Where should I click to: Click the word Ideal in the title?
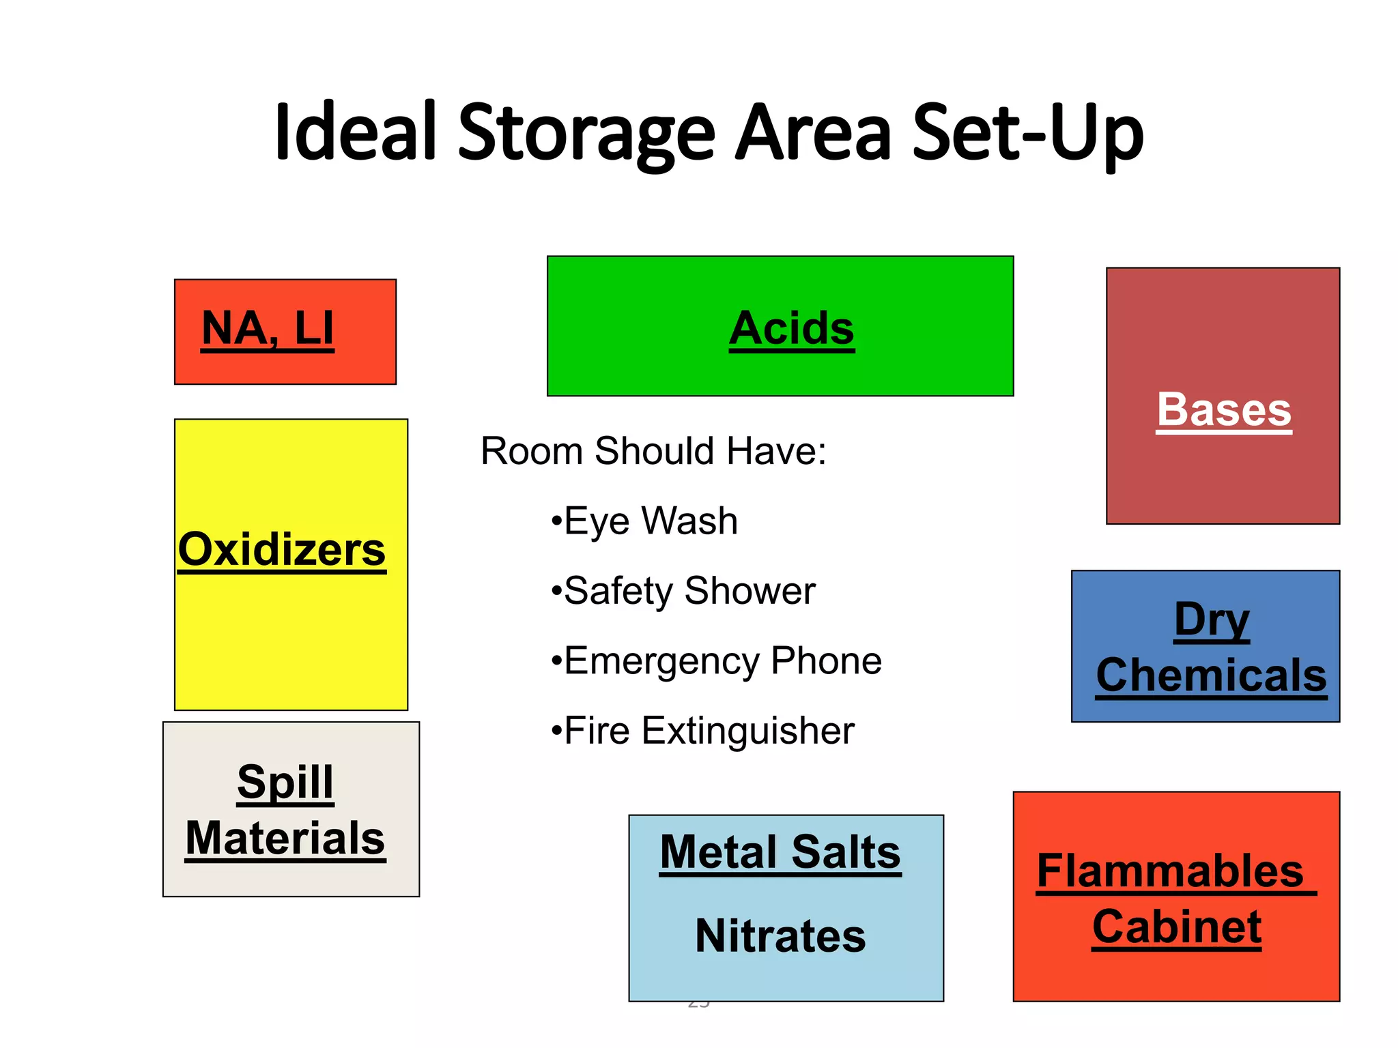tap(355, 131)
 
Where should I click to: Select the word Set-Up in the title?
tap(1027, 134)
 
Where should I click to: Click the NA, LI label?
tap(268, 329)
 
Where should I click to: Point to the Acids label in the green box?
tap(791, 329)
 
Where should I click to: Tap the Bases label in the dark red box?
tap(1224, 410)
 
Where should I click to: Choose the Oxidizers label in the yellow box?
tap(282, 549)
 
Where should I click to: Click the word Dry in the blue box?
tap(1212, 620)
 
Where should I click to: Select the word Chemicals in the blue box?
tap(1211, 675)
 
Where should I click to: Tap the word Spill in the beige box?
tap(285, 782)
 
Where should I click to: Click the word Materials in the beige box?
tap(285, 838)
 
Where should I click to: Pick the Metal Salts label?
tap(780, 852)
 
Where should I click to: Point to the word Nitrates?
tap(780, 935)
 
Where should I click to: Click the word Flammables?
tap(1171, 871)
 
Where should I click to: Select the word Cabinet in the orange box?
tap(1177, 927)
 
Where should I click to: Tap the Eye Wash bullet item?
tap(645, 521)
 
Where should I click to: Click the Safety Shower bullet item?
tap(684, 591)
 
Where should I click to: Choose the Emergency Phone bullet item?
tap(717, 661)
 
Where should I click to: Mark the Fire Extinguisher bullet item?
tap(703, 731)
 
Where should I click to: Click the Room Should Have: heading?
tap(653, 451)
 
